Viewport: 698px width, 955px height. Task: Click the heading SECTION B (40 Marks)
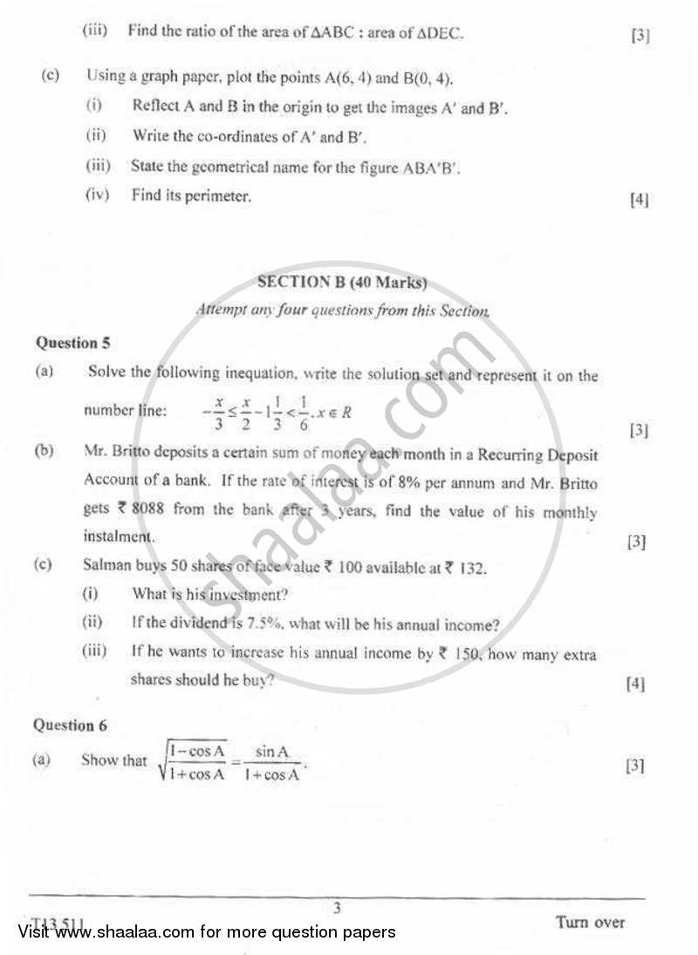click(x=342, y=283)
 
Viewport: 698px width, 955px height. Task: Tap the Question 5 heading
click(x=72, y=343)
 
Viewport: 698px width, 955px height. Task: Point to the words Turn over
click(x=590, y=922)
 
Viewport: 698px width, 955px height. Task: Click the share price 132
click(x=471, y=567)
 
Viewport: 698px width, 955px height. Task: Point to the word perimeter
click(x=222, y=195)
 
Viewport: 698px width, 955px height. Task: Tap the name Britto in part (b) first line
click(x=129, y=454)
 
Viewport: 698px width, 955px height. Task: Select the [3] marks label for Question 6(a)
click(x=635, y=766)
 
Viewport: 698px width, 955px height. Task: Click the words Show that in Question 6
click(x=113, y=760)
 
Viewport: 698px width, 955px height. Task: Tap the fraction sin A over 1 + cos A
click(x=271, y=761)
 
